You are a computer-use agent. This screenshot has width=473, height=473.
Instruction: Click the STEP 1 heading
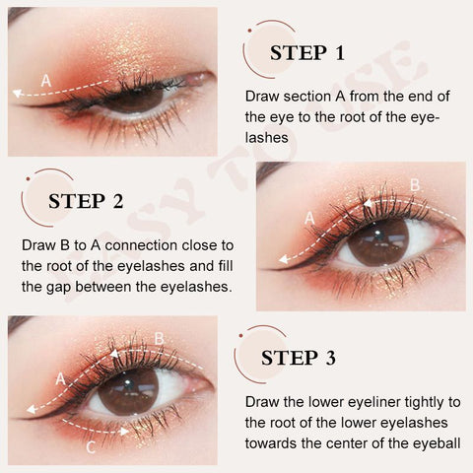click(307, 53)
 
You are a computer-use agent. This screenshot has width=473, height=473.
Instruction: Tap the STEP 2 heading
click(86, 201)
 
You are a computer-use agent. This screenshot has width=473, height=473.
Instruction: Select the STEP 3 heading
click(299, 358)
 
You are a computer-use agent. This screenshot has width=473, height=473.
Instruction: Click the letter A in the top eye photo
click(46, 81)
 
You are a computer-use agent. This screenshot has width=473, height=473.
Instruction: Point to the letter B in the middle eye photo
click(415, 185)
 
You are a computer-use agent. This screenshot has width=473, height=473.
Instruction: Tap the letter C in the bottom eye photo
click(91, 447)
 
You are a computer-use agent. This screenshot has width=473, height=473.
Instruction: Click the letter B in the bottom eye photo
click(159, 339)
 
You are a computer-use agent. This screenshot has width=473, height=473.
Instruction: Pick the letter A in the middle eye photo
click(309, 219)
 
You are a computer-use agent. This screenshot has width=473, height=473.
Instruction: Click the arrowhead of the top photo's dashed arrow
click(17, 94)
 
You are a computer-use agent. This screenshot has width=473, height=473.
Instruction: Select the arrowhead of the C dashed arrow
click(124, 432)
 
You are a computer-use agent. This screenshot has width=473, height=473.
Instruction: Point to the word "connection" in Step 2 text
click(141, 245)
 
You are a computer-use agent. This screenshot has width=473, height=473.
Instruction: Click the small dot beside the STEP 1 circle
click(250, 31)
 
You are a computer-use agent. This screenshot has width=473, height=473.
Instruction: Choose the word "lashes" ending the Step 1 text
click(267, 138)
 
